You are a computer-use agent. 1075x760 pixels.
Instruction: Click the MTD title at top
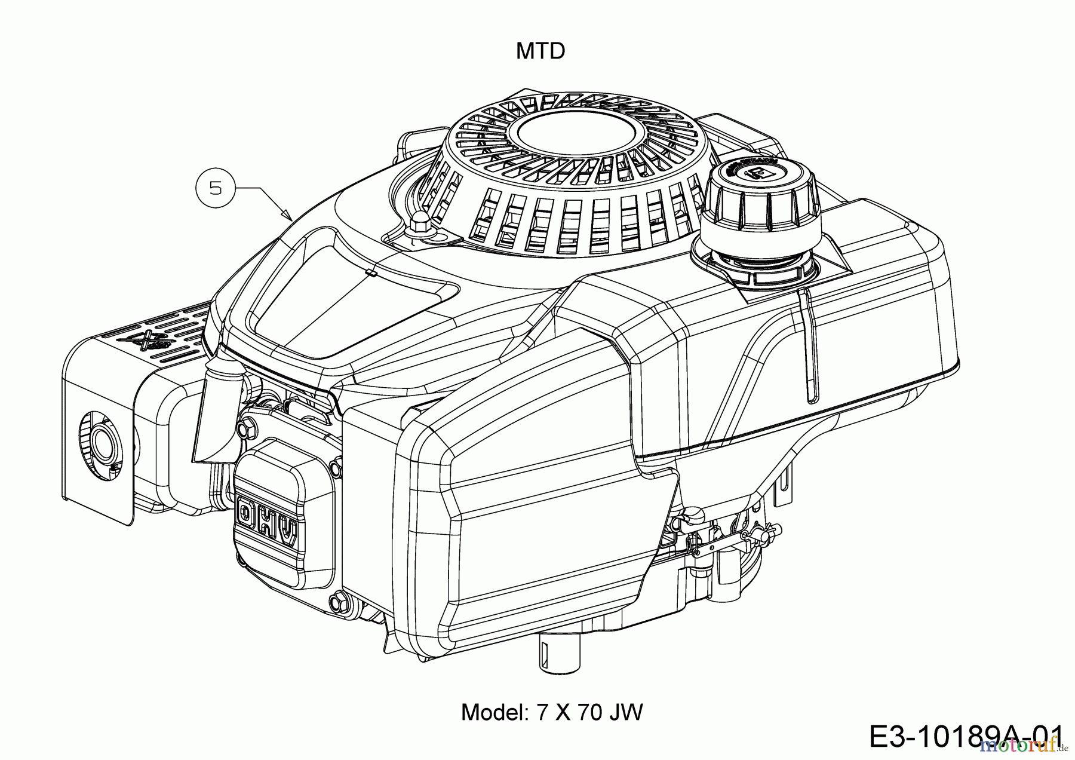(540, 51)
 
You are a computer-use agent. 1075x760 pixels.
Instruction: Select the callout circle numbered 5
(216, 188)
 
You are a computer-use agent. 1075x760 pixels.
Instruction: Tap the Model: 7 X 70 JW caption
(551, 712)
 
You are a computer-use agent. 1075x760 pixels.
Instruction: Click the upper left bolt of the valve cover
(244, 428)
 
